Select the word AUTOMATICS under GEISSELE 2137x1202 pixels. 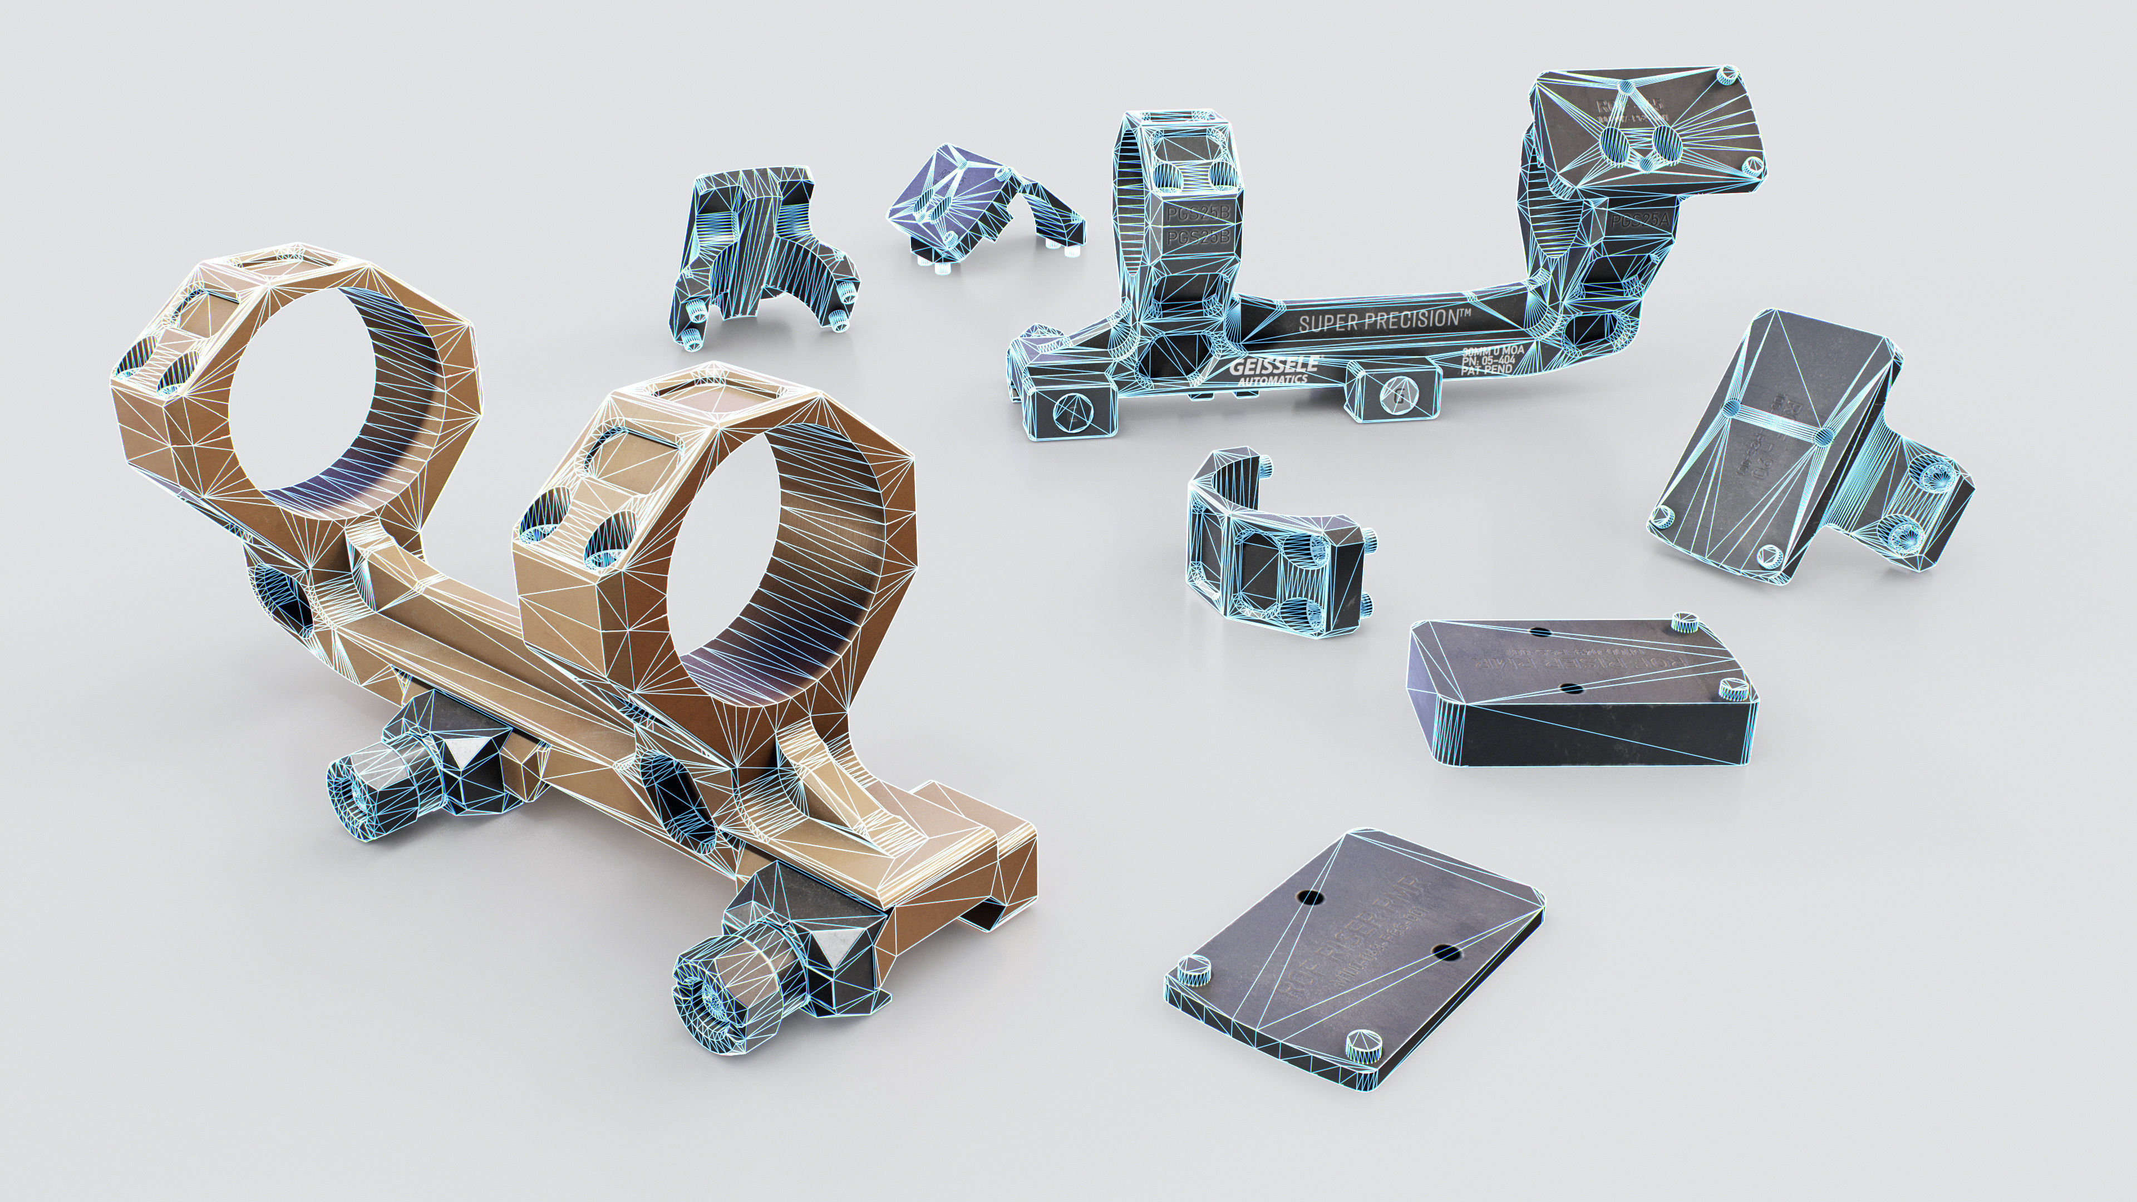pos(1272,380)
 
